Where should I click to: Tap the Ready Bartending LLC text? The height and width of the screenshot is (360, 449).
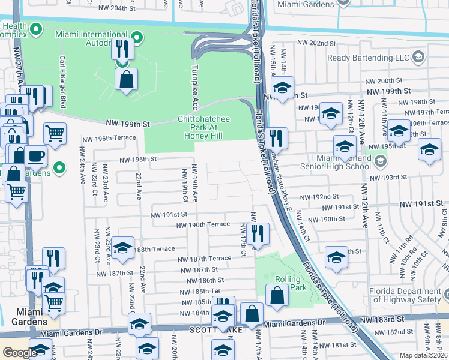coord(368,58)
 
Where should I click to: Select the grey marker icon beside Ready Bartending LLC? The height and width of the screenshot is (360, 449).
coord(418,58)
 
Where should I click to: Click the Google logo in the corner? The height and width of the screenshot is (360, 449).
coord(20,353)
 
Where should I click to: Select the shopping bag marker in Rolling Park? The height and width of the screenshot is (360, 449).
coord(277,296)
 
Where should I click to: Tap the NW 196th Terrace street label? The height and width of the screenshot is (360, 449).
coord(110,138)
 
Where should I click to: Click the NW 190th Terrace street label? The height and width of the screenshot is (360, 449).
coord(203,224)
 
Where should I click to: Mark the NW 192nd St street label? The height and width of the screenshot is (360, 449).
coord(319,197)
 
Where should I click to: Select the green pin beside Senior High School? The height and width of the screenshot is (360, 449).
coord(379,161)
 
